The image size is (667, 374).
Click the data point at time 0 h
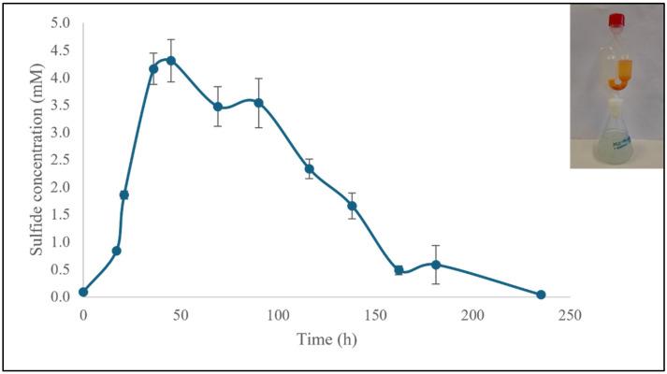pos(83,292)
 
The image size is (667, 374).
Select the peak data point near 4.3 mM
pos(171,61)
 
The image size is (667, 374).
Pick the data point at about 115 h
pos(309,169)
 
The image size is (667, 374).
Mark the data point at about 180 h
pos(436,265)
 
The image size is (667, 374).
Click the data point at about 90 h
pos(258,103)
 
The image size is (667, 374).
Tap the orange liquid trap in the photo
pos(616,73)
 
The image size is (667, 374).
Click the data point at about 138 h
pos(352,206)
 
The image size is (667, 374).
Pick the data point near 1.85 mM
pos(123,194)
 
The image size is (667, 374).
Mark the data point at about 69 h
pos(218,107)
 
